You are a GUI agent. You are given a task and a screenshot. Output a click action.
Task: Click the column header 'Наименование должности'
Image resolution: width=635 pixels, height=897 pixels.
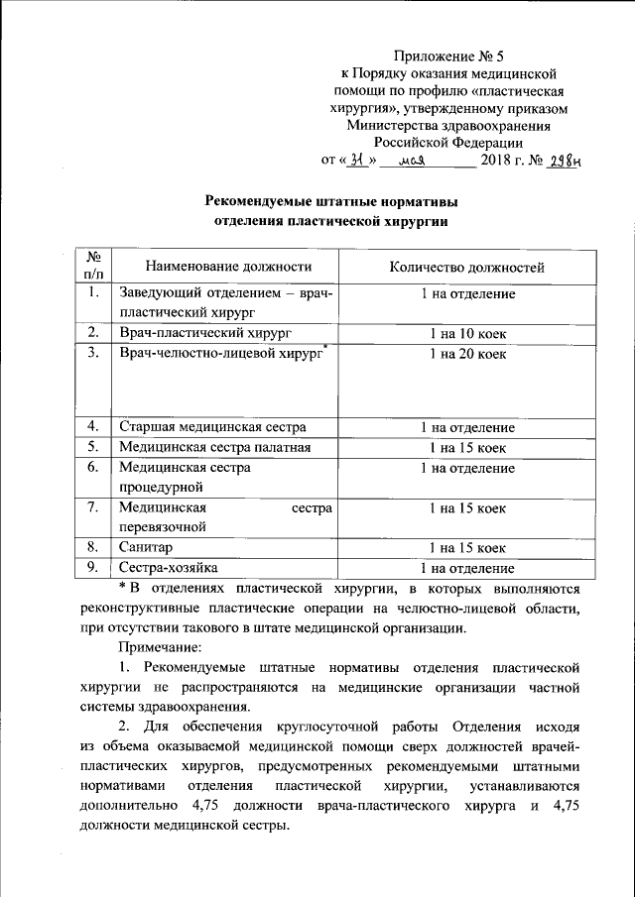228,266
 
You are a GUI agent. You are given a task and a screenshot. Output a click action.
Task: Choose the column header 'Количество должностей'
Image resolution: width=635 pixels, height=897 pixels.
466,267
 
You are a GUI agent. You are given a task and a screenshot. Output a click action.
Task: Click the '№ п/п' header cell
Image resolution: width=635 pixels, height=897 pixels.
94,265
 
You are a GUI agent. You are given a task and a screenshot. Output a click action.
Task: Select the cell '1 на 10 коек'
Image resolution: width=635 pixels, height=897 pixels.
466,331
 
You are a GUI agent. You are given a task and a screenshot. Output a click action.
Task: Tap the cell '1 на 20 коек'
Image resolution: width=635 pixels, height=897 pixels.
466,353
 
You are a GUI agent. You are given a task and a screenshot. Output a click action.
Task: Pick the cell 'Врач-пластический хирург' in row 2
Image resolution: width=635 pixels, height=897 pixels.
205,331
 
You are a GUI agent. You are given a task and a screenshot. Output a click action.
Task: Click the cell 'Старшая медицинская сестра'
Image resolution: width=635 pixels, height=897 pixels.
212,427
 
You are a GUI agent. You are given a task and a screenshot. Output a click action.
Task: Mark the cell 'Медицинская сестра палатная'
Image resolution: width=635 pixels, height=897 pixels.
215,447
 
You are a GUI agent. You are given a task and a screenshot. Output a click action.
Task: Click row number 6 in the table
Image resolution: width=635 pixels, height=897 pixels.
92,467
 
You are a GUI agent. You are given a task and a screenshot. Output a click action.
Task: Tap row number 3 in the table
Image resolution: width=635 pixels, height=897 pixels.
92,353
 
